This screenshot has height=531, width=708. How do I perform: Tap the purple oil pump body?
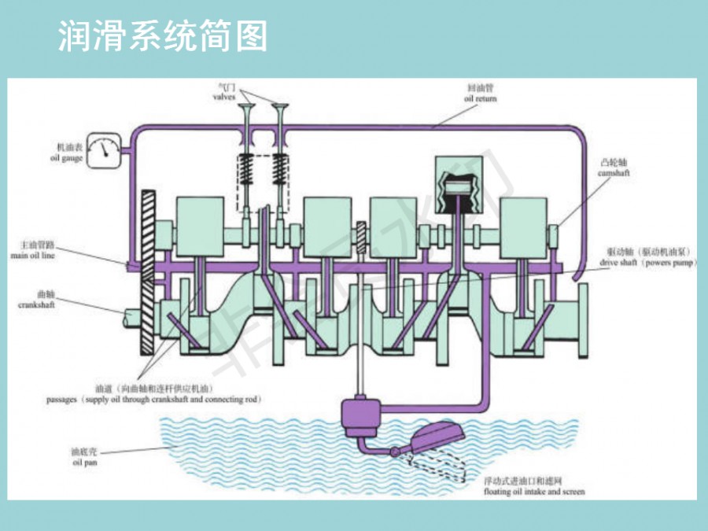click(361, 414)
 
